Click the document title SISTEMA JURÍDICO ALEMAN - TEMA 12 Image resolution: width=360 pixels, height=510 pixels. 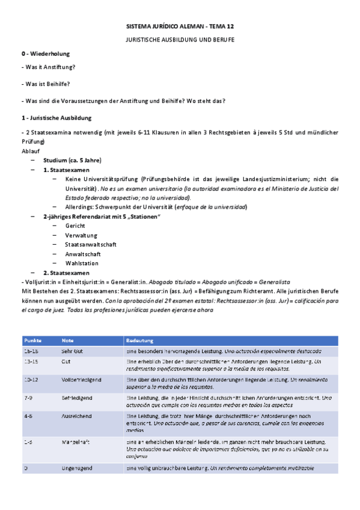click(180, 28)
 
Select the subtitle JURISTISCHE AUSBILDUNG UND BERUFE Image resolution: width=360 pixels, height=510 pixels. click(180, 39)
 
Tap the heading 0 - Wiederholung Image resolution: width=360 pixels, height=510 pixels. click(47, 54)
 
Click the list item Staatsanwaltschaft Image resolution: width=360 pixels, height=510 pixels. click(91, 245)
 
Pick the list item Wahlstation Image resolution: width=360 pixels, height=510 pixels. click(82, 263)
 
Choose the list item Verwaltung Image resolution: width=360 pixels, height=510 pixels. click(81, 235)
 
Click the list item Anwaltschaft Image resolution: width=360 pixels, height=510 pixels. click(83, 254)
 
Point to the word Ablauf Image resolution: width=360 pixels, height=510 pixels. click(30, 151)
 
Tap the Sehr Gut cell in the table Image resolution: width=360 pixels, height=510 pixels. click(73, 350)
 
